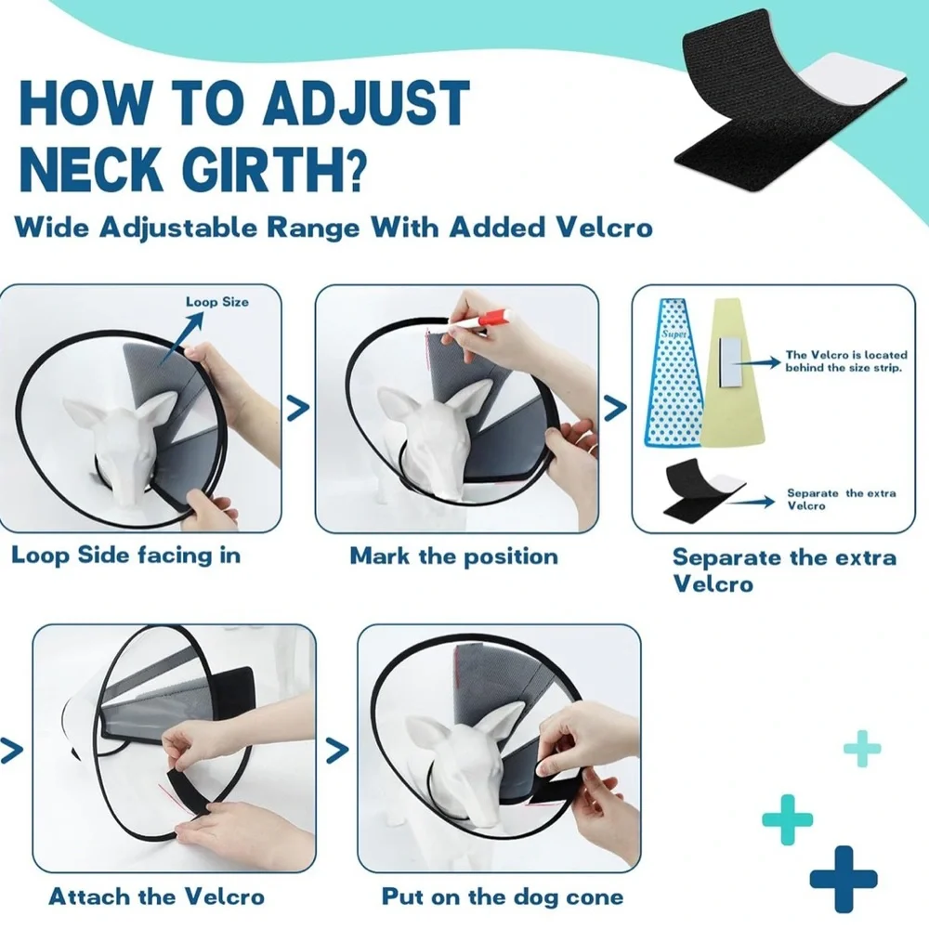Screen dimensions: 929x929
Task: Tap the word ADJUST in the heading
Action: (x=365, y=104)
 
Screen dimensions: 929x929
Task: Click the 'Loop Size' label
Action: (x=216, y=302)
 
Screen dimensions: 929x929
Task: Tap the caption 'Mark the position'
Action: (x=453, y=556)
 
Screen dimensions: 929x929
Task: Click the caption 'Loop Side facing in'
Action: (x=126, y=556)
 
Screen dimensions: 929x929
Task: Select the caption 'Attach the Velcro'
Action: (x=156, y=896)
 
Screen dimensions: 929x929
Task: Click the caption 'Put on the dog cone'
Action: (x=503, y=896)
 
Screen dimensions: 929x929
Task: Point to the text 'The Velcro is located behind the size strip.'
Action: (x=846, y=361)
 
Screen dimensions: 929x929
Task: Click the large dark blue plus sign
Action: (x=844, y=879)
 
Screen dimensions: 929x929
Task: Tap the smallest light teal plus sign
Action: (x=862, y=748)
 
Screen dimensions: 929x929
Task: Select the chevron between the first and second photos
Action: (x=298, y=408)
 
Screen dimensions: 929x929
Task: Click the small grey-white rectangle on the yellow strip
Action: (x=728, y=362)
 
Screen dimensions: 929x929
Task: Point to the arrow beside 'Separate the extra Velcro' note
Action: (x=751, y=503)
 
